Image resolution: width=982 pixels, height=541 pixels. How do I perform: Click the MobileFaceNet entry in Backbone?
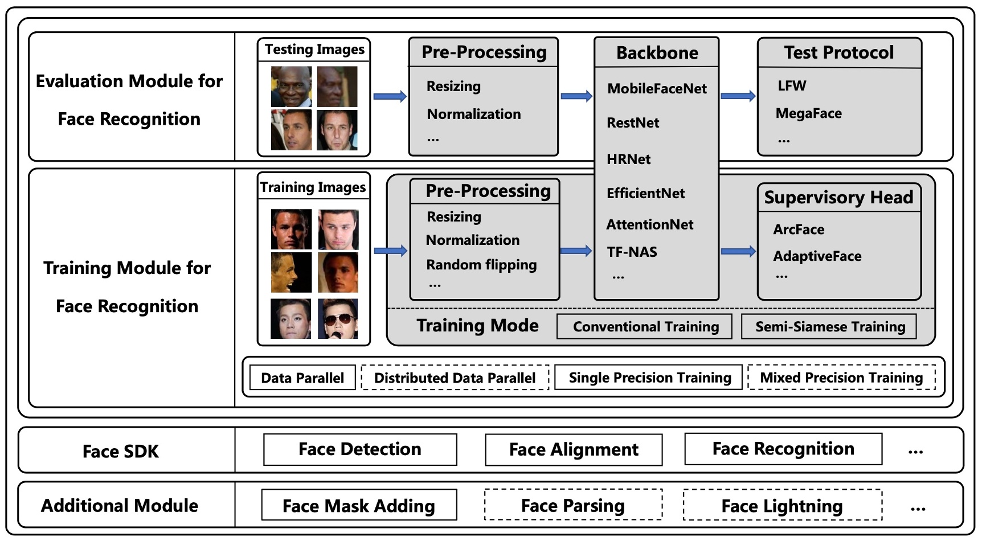(657, 89)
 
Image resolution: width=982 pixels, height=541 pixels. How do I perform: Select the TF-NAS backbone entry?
(632, 252)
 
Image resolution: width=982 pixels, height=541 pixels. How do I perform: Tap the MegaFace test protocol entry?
(808, 113)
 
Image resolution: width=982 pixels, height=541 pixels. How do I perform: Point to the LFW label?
(792, 86)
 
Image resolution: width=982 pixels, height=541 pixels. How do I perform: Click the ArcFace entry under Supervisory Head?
(799, 229)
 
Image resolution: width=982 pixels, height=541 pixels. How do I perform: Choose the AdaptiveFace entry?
(817, 256)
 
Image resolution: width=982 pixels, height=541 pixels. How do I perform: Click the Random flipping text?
(481, 265)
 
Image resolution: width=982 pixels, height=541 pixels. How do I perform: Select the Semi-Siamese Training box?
(829, 327)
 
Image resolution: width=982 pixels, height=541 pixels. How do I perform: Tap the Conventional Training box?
(645, 327)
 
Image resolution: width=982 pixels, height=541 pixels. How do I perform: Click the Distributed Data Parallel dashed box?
(455, 378)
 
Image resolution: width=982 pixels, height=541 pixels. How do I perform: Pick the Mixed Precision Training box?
(841, 378)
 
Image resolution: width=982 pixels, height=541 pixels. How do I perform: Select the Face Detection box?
(360, 449)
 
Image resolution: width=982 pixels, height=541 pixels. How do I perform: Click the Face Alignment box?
(574, 450)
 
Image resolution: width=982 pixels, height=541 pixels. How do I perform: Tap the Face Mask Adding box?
(359, 506)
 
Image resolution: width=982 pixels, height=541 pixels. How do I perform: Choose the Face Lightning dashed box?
(782, 506)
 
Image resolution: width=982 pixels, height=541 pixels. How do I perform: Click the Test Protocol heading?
(838, 53)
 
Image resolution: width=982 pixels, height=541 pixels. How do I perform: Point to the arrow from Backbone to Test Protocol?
(738, 96)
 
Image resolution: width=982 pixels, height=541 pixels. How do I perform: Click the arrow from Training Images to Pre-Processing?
(390, 251)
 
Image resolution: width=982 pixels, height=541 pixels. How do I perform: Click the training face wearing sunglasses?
(338, 319)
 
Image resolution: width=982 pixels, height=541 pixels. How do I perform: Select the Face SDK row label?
(120, 452)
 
